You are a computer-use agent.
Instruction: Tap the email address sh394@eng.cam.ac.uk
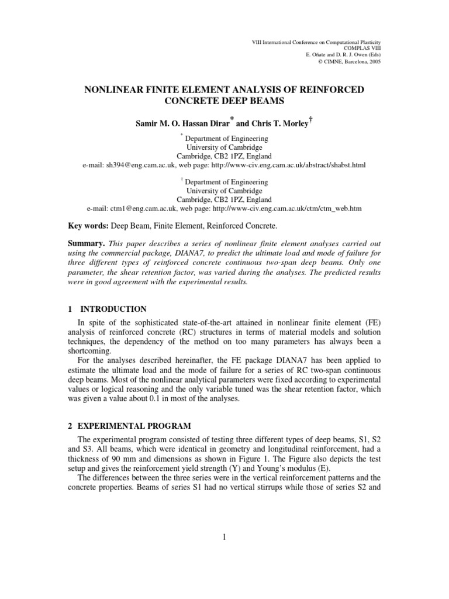coord(140,165)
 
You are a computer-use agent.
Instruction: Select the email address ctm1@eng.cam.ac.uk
coord(144,208)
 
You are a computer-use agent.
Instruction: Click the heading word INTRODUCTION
coord(113,309)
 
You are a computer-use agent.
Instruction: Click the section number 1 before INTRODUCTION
coord(68,309)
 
